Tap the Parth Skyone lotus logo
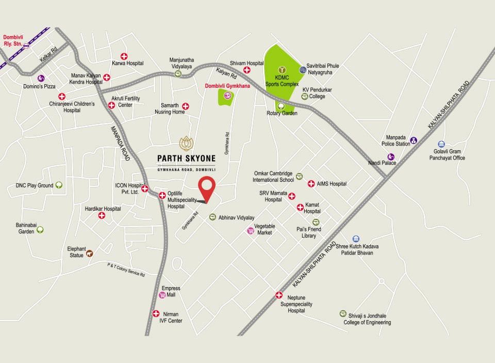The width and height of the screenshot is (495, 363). pyautogui.click(x=186, y=143)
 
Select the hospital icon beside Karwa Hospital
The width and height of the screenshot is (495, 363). pyautogui.click(x=124, y=56)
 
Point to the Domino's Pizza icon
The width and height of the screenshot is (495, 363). pyautogui.click(x=41, y=78)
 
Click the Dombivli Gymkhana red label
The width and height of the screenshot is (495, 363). pyautogui.click(x=227, y=86)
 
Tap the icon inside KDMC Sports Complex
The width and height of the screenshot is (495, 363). pyautogui.click(x=282, y=69)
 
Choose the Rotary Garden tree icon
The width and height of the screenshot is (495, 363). pyautogui.click(x=282, y=106)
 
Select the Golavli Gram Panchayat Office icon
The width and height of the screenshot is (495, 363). pyautogui.click(x=441, y=144)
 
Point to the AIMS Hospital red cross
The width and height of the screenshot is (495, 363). pyautogui.click(x=311, y=184)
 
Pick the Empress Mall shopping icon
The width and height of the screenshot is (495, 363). pyautogui.click(x=162, y=295)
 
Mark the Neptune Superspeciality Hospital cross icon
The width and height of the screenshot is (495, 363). pyautogui.click(x=279, y=295)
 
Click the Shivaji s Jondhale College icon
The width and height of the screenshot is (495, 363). pyautogui.click(x=343, y=313)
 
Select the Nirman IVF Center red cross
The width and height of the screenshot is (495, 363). pyautogui.click(x=156, y=313)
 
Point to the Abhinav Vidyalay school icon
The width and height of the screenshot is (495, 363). pyautogui.click(x=212, y=217)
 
